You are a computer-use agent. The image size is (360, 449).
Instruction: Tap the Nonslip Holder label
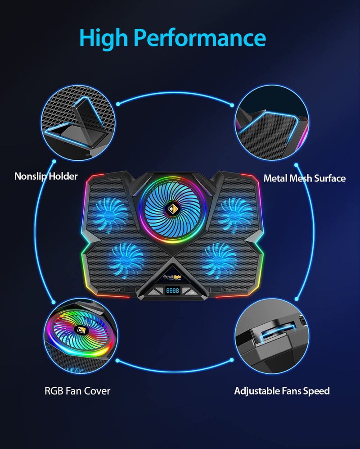coord(46,176)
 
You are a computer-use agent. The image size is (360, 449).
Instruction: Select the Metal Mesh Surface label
coord(304,178)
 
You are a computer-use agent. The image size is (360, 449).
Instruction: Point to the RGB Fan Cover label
coord(77,390)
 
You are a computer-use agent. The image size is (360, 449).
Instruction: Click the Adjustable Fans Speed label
coord(282,391)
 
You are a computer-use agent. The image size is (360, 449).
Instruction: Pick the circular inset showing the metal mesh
coord(272,124)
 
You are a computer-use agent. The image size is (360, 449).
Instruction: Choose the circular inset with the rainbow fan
coord(80,333)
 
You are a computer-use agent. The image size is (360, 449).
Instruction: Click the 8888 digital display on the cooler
coord(173,291)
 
